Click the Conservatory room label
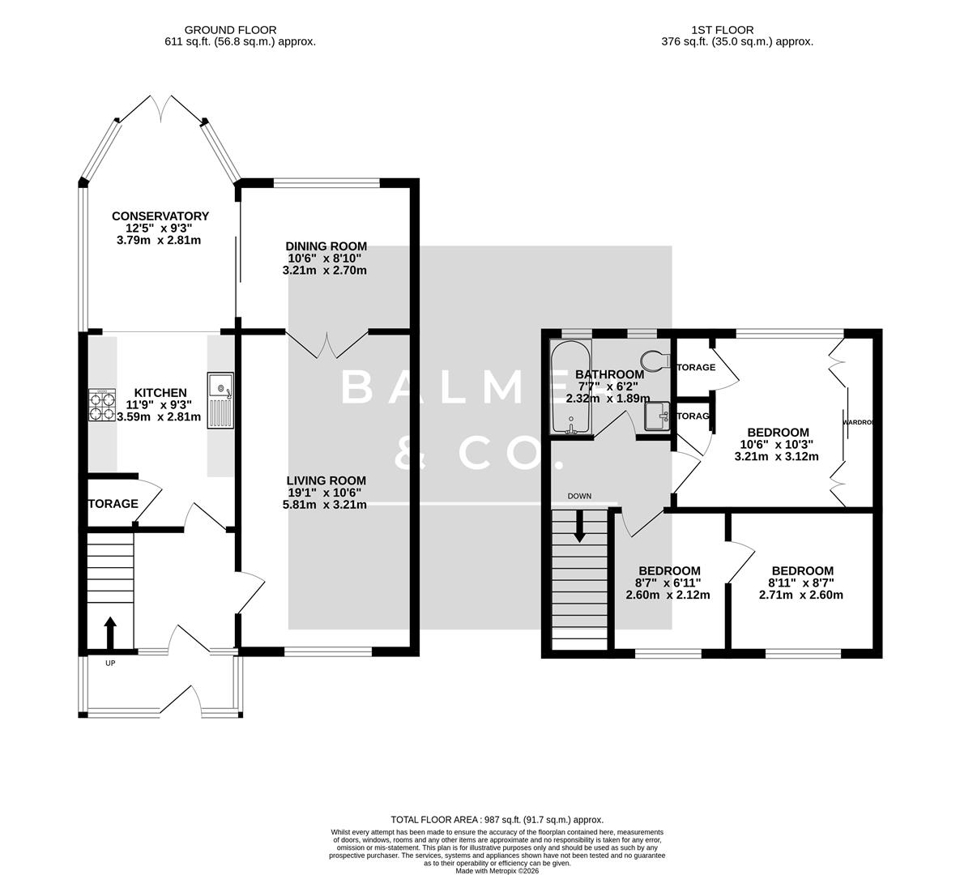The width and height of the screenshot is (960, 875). coord(160,216)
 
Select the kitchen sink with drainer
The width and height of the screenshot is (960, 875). coord(220,399)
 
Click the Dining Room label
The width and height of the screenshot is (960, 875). coord(326,246)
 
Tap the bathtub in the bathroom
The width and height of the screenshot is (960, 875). coord(570,387)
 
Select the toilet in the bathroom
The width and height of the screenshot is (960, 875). coord(654,359)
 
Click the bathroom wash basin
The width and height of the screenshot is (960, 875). coord(657,416)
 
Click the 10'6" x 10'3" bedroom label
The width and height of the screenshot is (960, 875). coord(777,433)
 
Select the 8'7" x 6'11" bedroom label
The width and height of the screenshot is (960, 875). coord(668,571)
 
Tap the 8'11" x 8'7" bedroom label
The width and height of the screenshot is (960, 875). coord(801,571)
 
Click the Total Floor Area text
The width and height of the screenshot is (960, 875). coord(497,820)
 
